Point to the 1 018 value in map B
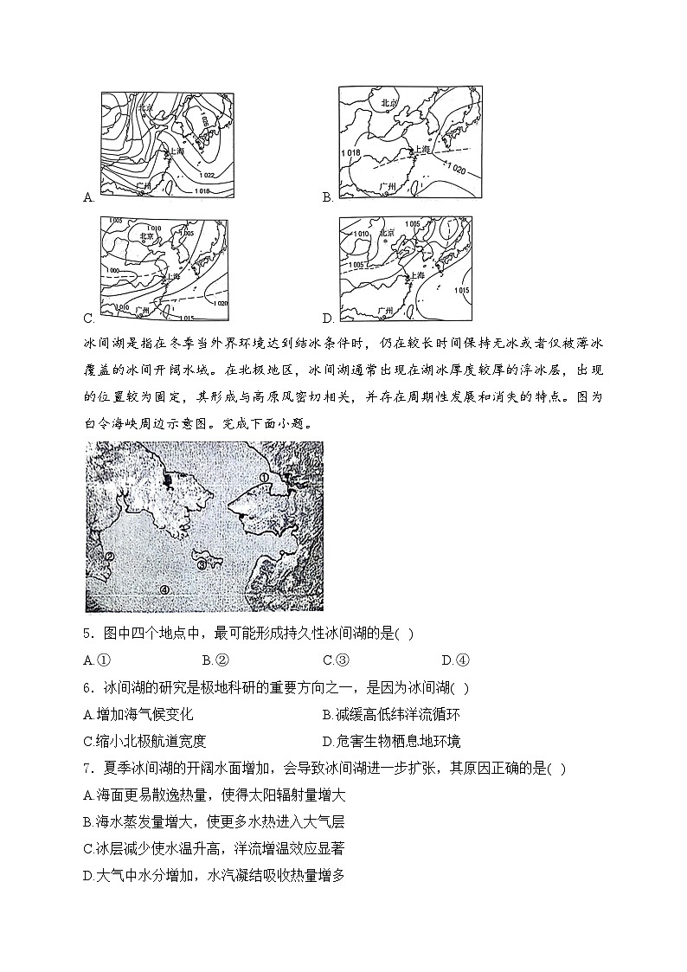pos(350,153)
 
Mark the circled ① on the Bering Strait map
pos(265,477)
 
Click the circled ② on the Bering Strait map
pos(109,557)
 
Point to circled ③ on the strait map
pos(202,565)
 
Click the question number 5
pos(89,633)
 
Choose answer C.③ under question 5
pos(335,660)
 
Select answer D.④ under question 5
pos(454,660)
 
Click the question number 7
pos(89,768)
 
